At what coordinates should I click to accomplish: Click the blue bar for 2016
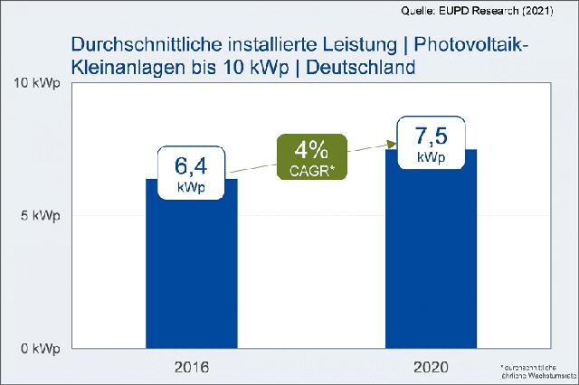(x=192, y=271)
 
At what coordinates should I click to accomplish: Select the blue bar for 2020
(x=431, y=262)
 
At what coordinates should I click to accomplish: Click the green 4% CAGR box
(x=311, y=155)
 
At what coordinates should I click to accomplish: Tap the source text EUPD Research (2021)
(x=507, y=11)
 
